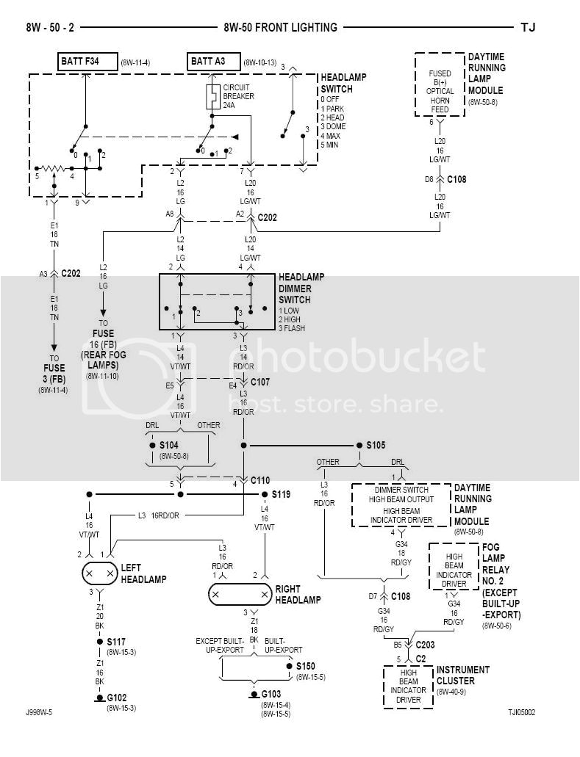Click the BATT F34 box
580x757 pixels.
click(x=86, y=62)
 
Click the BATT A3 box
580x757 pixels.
click(x=213, y=62)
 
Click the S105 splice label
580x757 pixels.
click(x=375, y=446)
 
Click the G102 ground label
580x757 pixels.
click(x=117, y=698)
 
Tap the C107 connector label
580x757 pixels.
click(x=261, y=382)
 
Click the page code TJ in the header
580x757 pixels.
click(x=528, y=28)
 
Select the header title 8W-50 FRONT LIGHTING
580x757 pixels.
click(x=280, y=28)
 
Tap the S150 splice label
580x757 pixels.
click(x=307, y=666)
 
